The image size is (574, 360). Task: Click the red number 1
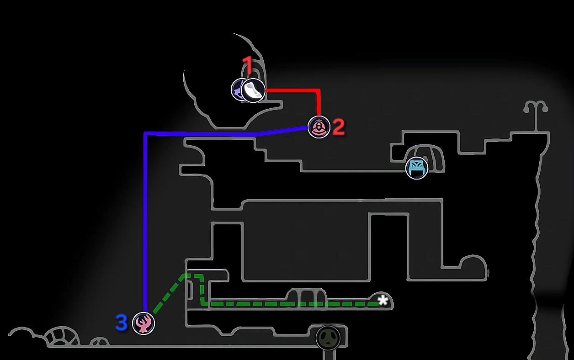click(248, 65)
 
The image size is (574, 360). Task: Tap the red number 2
click(339, 127)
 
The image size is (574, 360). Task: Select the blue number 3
click(121, 323)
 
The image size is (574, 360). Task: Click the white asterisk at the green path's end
click(383, 300)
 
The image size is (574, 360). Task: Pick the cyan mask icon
click(417, 168)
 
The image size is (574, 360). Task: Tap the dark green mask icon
click(328, 338)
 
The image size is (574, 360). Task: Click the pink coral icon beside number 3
click(143, 323)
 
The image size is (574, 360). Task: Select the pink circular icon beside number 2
click(319, 127)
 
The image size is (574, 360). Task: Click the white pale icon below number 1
click(253, 90)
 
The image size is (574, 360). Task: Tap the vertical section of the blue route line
click(145, 222)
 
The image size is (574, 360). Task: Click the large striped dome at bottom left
click(62, 336)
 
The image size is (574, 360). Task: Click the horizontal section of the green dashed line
click(292, 304)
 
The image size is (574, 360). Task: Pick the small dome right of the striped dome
click(100, 342)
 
